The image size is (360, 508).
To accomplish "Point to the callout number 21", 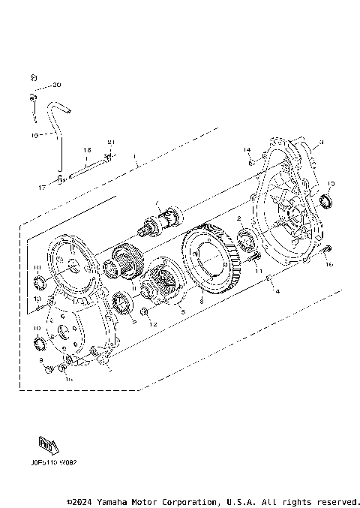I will [x=111, y=143].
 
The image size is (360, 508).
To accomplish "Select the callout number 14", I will [x=245, y=151].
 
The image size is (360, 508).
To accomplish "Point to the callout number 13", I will [x=35, y=299].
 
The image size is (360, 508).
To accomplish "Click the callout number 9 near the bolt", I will [x=42, y=361].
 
